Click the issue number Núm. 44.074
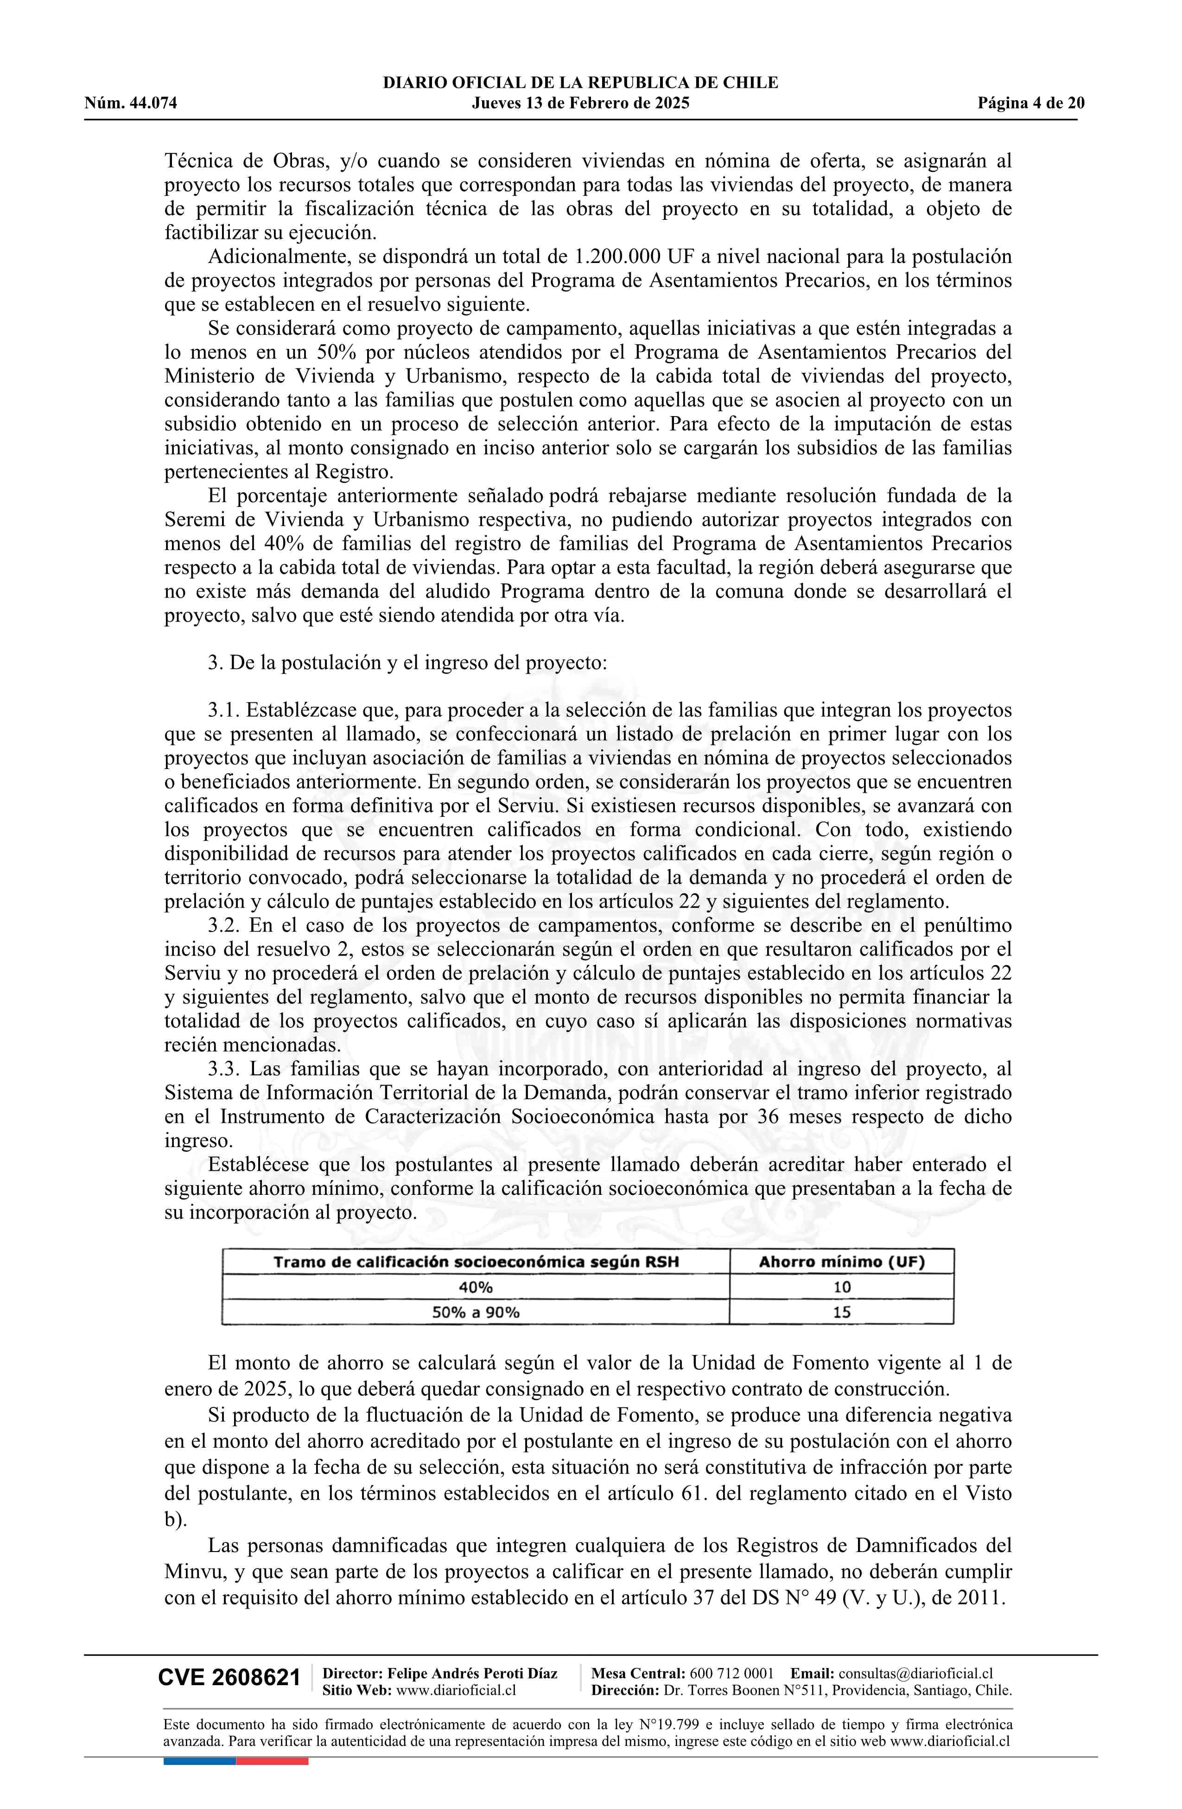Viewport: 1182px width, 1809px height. (131, 103)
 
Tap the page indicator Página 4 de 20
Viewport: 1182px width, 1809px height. (1031, 103)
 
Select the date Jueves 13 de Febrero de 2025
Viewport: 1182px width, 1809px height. (580, 103)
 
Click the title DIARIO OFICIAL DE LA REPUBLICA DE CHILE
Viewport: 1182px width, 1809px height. (580, 83)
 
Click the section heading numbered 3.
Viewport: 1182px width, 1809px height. (407, 663)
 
